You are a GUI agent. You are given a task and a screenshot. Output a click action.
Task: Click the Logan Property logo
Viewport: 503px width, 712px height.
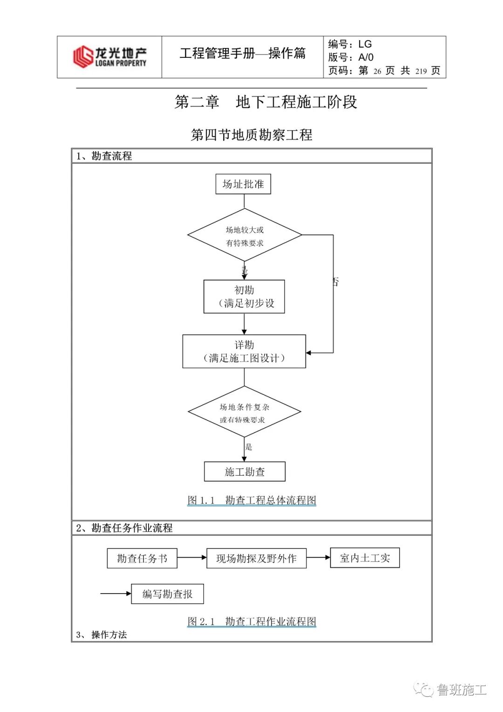109,57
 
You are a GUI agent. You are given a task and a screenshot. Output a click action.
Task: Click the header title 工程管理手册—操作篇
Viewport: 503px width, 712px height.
242,53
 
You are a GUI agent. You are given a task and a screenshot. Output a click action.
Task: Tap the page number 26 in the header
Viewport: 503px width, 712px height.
377,71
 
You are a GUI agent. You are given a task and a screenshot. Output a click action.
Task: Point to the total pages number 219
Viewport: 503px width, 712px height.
421,71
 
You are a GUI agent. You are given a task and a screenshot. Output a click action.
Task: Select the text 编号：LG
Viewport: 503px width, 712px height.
350,44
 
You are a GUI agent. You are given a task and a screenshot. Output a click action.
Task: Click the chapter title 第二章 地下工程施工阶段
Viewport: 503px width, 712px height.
265,102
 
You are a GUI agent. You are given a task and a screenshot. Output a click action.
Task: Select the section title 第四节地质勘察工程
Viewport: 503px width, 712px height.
251,135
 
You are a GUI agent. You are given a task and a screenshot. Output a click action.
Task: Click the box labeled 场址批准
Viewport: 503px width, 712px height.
243,184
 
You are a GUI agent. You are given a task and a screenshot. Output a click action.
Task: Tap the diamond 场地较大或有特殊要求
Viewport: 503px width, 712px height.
245,236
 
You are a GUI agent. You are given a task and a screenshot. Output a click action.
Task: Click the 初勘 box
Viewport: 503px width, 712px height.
244,297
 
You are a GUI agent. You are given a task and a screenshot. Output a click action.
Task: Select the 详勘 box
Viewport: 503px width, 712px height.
244,352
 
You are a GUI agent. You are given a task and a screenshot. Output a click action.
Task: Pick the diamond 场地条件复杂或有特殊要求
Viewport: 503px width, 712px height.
244,413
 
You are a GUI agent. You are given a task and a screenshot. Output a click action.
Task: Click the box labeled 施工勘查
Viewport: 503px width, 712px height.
245,472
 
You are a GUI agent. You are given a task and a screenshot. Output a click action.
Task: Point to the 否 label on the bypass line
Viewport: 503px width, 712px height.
335,282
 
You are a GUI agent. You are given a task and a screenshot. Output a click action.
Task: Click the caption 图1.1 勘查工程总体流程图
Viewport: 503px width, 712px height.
251,500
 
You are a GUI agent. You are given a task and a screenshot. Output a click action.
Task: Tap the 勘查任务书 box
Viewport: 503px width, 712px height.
142,558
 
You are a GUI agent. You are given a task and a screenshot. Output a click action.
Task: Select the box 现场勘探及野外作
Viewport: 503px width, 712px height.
256,558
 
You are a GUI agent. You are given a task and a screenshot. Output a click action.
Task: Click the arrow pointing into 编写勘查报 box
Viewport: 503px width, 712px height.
116,594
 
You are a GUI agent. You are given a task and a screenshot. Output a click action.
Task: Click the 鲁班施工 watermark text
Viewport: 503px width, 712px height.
461,690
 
